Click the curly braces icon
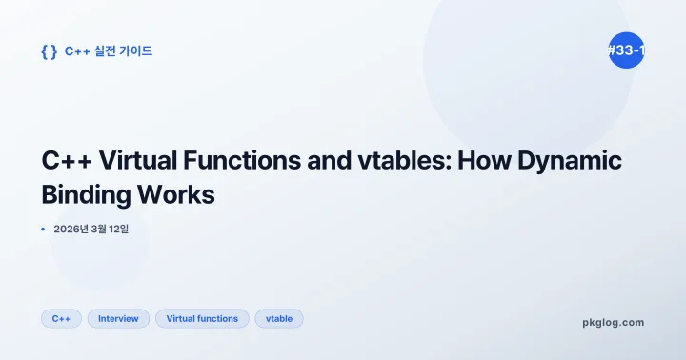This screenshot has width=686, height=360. pyautogui.click(x=50, y=51)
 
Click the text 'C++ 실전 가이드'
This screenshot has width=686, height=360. pyautogui.click(x=109, y=51)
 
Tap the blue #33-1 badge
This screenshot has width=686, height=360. pyautogui.click(x=626, y=51)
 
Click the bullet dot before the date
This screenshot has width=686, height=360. pyautogui.click(x=44, y=230)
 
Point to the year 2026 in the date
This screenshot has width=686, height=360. pyautogui.click(x=70, y=230)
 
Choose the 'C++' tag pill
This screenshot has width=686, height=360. pyautogui.click(x=61, y=318)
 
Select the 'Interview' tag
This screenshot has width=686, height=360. pyautogui.click(x=118, y=318)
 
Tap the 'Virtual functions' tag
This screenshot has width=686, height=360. pyautogui.click(x=202, y=318)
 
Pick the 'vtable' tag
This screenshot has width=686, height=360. pyautogui.click(x=279, y=318)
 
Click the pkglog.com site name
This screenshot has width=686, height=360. pyautogui.click(x=613, y=322)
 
